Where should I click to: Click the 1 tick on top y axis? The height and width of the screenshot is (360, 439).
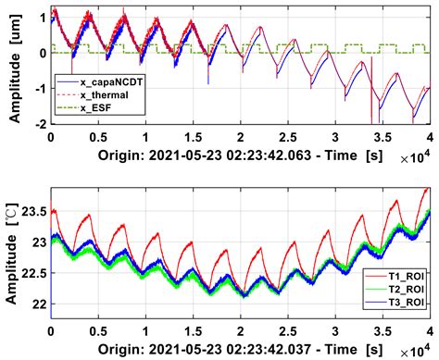pyautogui.click(x=42, y=18)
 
